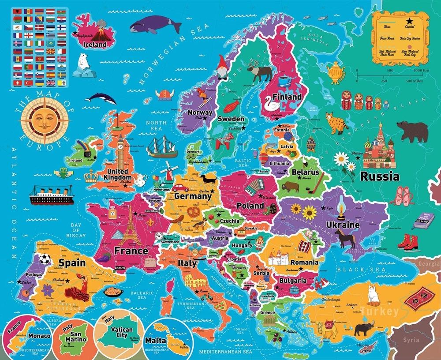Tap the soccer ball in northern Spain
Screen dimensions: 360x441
(45, 259)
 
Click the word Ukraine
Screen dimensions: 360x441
(343, 225)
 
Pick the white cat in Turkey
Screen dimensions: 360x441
(374, 294)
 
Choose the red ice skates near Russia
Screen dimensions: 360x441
(407, 241)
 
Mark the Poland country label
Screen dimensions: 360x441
(250, 205)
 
